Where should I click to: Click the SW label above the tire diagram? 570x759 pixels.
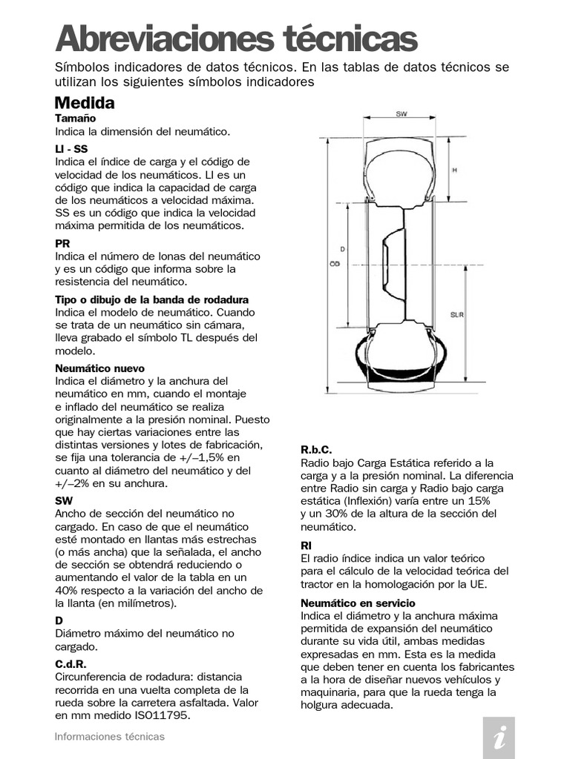point(402,115)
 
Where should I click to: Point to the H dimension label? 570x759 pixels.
point(454,169)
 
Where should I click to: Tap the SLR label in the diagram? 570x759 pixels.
point(457,315)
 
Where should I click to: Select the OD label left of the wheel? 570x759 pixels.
point(334,264)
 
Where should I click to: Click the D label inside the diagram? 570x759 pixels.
point(342,249)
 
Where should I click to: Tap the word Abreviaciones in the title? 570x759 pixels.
point(159,39)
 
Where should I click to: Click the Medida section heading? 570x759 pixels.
point(85,103)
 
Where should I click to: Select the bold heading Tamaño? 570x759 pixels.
point(76,119)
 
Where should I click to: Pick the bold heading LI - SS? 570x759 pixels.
point(71,149)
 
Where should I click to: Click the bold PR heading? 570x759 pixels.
point(62,243)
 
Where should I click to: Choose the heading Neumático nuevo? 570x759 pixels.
point(99,368)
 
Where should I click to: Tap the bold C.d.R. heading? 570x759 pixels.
point(71,664)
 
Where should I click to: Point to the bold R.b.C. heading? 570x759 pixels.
point(315,450)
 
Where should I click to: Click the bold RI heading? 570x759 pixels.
point(306,545)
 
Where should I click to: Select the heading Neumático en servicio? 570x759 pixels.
point(358,603)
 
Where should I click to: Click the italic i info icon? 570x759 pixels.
point(499,738)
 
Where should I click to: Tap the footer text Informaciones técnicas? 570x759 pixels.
point(110,737)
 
